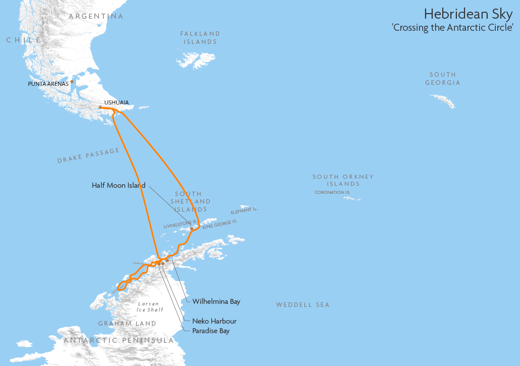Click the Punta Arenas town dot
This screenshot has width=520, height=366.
pyautogui.click(x=72, y=81)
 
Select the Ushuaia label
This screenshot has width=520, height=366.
pyautogui.click(x=116, y=102)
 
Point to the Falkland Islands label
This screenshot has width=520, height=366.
pyautogui.click(x=200, y=37)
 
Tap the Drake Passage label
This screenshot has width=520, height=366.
pyautogui.click(x=89, y=155)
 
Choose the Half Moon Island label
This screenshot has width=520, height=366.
pyautogui.click(x=119, y=185)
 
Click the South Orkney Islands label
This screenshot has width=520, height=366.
pyautogui.click(x=343, y=180)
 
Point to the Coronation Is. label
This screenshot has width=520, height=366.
pyautogui.click(x=332, y=192)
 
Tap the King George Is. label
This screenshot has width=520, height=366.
pyautogui.click(x=220, y=224)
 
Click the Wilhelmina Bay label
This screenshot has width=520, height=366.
pyautogui.click(x=216, y=301)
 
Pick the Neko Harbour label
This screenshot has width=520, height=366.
pyautogui.click(x=214, y=321)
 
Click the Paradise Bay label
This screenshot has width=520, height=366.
pyautogui.click(x=211, y=331)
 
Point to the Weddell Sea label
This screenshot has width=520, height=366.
pyautogui.click(x=302, y=305)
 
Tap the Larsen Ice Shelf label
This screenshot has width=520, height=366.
pyautogui.click(x=148, y=307)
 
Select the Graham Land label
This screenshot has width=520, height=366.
pyautogui.click(x=127, y=323)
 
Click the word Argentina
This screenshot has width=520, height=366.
pyautogui.click(x=96, y=16)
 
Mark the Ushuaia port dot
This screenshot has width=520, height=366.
pyautogui.click(x=100, y=108)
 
